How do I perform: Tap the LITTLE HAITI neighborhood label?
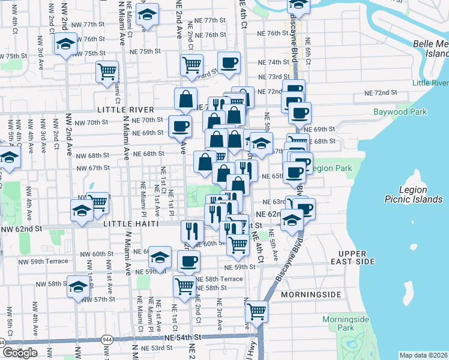coord(131,224)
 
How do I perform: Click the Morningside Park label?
coord(345,323)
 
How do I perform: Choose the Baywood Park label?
coord(400,112)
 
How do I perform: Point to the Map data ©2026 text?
coord(424,355)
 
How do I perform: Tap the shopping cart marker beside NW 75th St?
coord(107,71)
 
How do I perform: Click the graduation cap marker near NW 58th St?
coord(78,287)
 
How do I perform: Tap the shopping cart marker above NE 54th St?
coord(257,311)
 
